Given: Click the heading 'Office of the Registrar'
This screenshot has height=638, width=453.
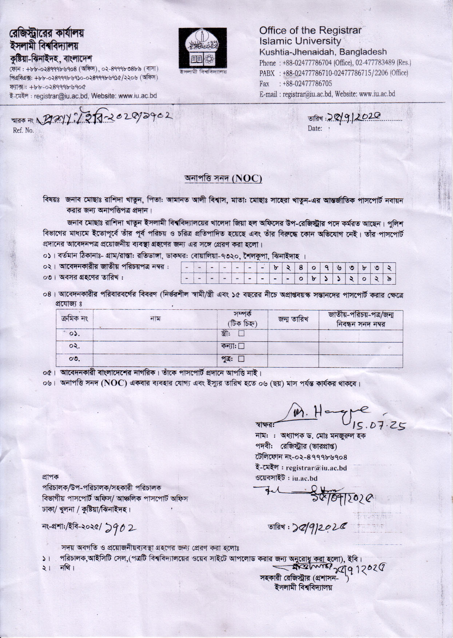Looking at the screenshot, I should (310, 31).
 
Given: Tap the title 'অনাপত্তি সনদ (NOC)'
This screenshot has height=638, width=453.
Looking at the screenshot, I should (223, 178).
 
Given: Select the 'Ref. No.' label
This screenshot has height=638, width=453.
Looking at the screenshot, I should (23, 130).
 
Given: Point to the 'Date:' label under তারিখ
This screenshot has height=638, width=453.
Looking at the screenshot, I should (315, 128).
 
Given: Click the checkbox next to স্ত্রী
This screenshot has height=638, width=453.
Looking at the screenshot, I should (241, 333).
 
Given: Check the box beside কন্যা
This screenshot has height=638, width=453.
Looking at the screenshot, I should (241, 346).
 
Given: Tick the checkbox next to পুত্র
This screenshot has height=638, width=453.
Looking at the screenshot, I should (241, 359).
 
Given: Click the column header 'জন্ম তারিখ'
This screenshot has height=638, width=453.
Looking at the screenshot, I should (293, 319).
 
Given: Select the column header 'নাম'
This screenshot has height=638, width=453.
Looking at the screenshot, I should (155, 319).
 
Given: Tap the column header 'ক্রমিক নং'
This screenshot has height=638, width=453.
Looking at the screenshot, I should (75, 319).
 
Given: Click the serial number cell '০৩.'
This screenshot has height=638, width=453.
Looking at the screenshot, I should (75, 359).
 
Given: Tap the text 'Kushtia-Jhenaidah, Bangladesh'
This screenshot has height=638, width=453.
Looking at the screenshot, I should (323, 52).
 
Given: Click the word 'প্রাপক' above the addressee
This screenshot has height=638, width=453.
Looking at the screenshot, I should (50, 476).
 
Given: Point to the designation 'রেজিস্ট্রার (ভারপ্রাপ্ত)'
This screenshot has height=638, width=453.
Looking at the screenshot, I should (308, 446).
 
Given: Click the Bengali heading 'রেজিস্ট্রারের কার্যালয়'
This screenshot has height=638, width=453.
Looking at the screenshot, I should (47, 34).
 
